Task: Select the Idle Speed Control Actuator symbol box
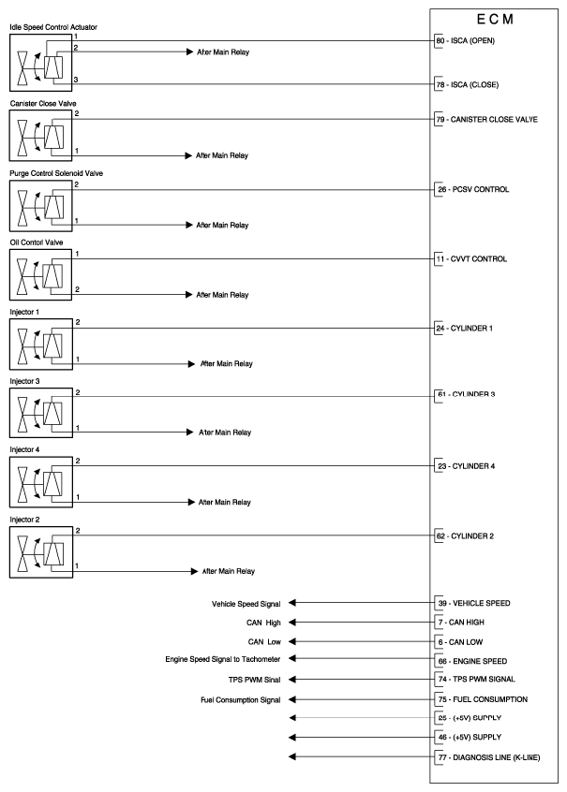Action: (38, 66)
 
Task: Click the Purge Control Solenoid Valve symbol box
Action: (38, 205)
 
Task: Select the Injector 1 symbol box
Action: (38, 345)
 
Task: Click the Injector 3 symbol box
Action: (38, 414)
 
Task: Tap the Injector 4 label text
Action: (25, 450)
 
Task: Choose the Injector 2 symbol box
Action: (38, 553)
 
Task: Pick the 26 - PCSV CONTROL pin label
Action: (475, 189)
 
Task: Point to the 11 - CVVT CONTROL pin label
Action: (473, 258)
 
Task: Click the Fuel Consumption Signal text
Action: (240, 699)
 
